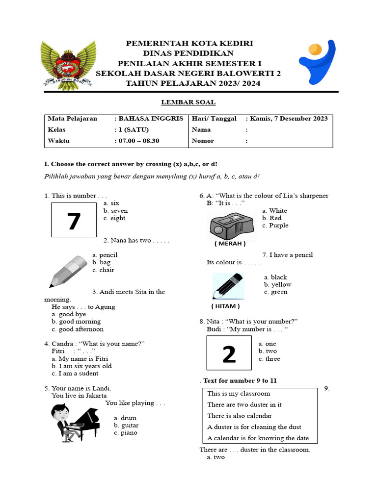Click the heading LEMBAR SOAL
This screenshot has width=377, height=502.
point(188,102)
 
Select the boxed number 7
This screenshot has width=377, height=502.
point(74,220)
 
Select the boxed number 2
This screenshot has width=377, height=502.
point(229,353)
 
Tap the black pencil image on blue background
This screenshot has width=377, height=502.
point(228,286)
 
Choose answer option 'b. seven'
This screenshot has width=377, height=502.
point(115,210)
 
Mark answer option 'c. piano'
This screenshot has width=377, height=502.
point(126,433)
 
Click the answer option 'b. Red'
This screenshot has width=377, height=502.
point(271,218)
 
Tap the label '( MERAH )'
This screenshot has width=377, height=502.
point(230,243)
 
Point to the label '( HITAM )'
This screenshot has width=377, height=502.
point(226,306)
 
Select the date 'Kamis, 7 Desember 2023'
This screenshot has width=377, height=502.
point(289,119)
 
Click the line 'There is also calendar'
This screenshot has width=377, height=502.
point(240,416)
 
